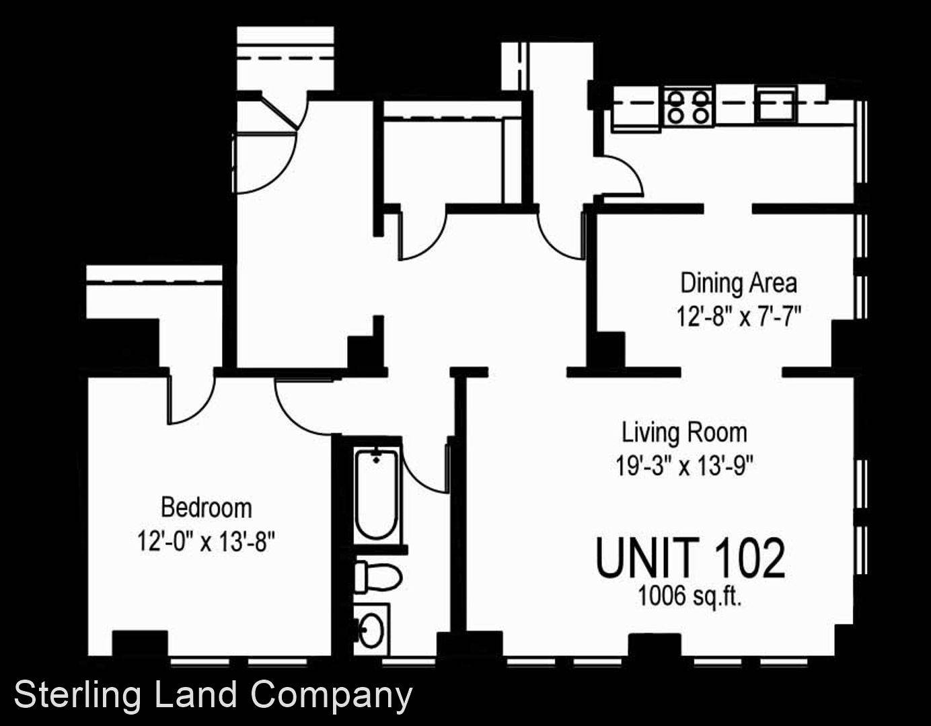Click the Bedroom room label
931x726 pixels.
coord(207,508)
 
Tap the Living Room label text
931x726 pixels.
coord(684,433)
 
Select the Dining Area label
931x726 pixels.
coord(739,284)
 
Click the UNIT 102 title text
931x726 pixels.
coord(690,559)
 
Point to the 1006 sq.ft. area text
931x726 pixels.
coord(690,596)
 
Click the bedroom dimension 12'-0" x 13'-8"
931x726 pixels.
coord(206,542)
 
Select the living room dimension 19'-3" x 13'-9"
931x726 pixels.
coord(684,465)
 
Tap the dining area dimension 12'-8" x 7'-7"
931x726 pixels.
coord(739,317)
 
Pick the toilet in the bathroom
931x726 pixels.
coord(378,576)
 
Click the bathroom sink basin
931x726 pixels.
coord(371,629)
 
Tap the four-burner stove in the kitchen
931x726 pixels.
coord(689,108)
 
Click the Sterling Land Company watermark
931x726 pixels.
coord(213,696)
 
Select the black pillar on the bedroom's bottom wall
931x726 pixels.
coord(140,643)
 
